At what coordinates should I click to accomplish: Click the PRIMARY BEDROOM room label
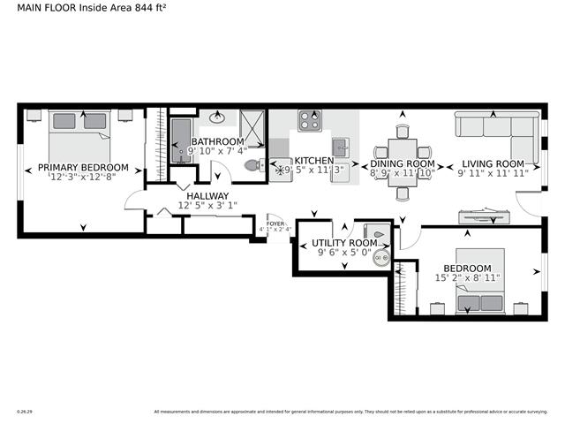coord(83,167)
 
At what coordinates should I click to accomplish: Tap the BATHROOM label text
coord(217,141)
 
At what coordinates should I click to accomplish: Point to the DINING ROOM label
coord(402,164)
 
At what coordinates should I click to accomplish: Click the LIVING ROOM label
coord(493,163)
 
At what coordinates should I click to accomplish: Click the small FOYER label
coord(275,224)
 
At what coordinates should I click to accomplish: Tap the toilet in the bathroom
coord(252,165)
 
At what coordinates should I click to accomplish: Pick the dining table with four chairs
coord(403,148)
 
